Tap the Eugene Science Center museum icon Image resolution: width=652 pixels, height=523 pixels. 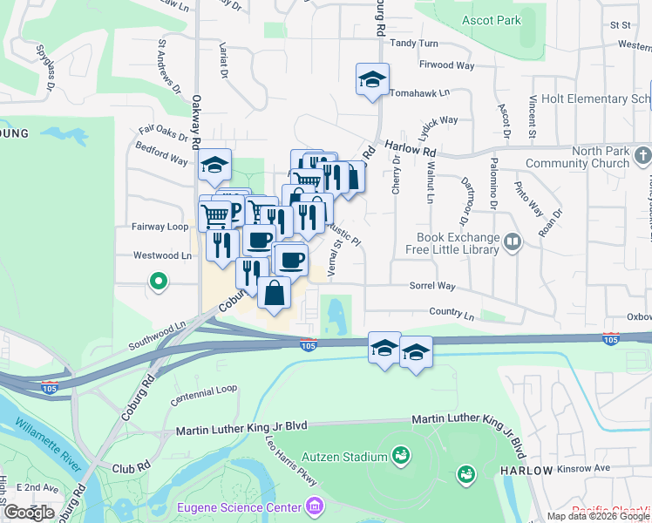point(314,506)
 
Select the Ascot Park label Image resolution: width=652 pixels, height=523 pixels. point(491,20)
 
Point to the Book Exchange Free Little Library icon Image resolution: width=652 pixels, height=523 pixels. point(513,242)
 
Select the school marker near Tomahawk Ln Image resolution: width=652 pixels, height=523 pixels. point(372,80)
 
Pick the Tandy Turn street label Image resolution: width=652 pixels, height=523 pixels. point(414,43)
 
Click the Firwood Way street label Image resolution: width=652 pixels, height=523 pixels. point(447,65)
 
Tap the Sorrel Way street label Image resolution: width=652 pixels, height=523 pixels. point(432,286)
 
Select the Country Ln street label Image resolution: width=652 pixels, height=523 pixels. point(451,312)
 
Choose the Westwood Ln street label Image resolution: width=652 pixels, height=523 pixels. point(161,256)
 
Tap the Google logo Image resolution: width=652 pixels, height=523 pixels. point(29,513)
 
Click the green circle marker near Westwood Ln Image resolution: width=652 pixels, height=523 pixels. point(158,282)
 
